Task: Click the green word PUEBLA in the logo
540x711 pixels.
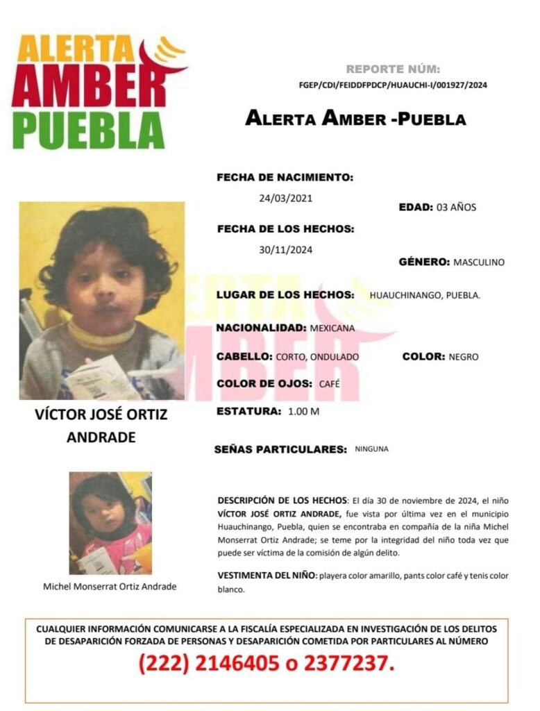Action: pos(89,130)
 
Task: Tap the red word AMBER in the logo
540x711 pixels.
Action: pos(89,87)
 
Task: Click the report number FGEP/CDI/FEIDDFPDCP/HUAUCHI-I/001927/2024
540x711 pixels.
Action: pos(392,85)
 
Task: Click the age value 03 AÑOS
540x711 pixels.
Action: pos(455,208)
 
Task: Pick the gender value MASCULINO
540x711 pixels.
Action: pos(478,262)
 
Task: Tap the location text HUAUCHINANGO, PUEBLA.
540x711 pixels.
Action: pos(425,296)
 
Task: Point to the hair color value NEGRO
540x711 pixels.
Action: pos(464,357)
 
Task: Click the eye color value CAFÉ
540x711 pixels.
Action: pos(330,384)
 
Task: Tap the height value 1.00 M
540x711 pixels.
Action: pos(303,412)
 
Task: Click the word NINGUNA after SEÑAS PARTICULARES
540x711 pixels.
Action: pos(371,449)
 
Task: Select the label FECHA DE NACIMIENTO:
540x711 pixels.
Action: pos(285,178)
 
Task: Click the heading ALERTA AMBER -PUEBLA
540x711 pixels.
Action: pos(355,119)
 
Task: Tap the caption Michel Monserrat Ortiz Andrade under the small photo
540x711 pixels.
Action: pos(110,587)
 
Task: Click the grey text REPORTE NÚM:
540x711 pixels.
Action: pos(392,69)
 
